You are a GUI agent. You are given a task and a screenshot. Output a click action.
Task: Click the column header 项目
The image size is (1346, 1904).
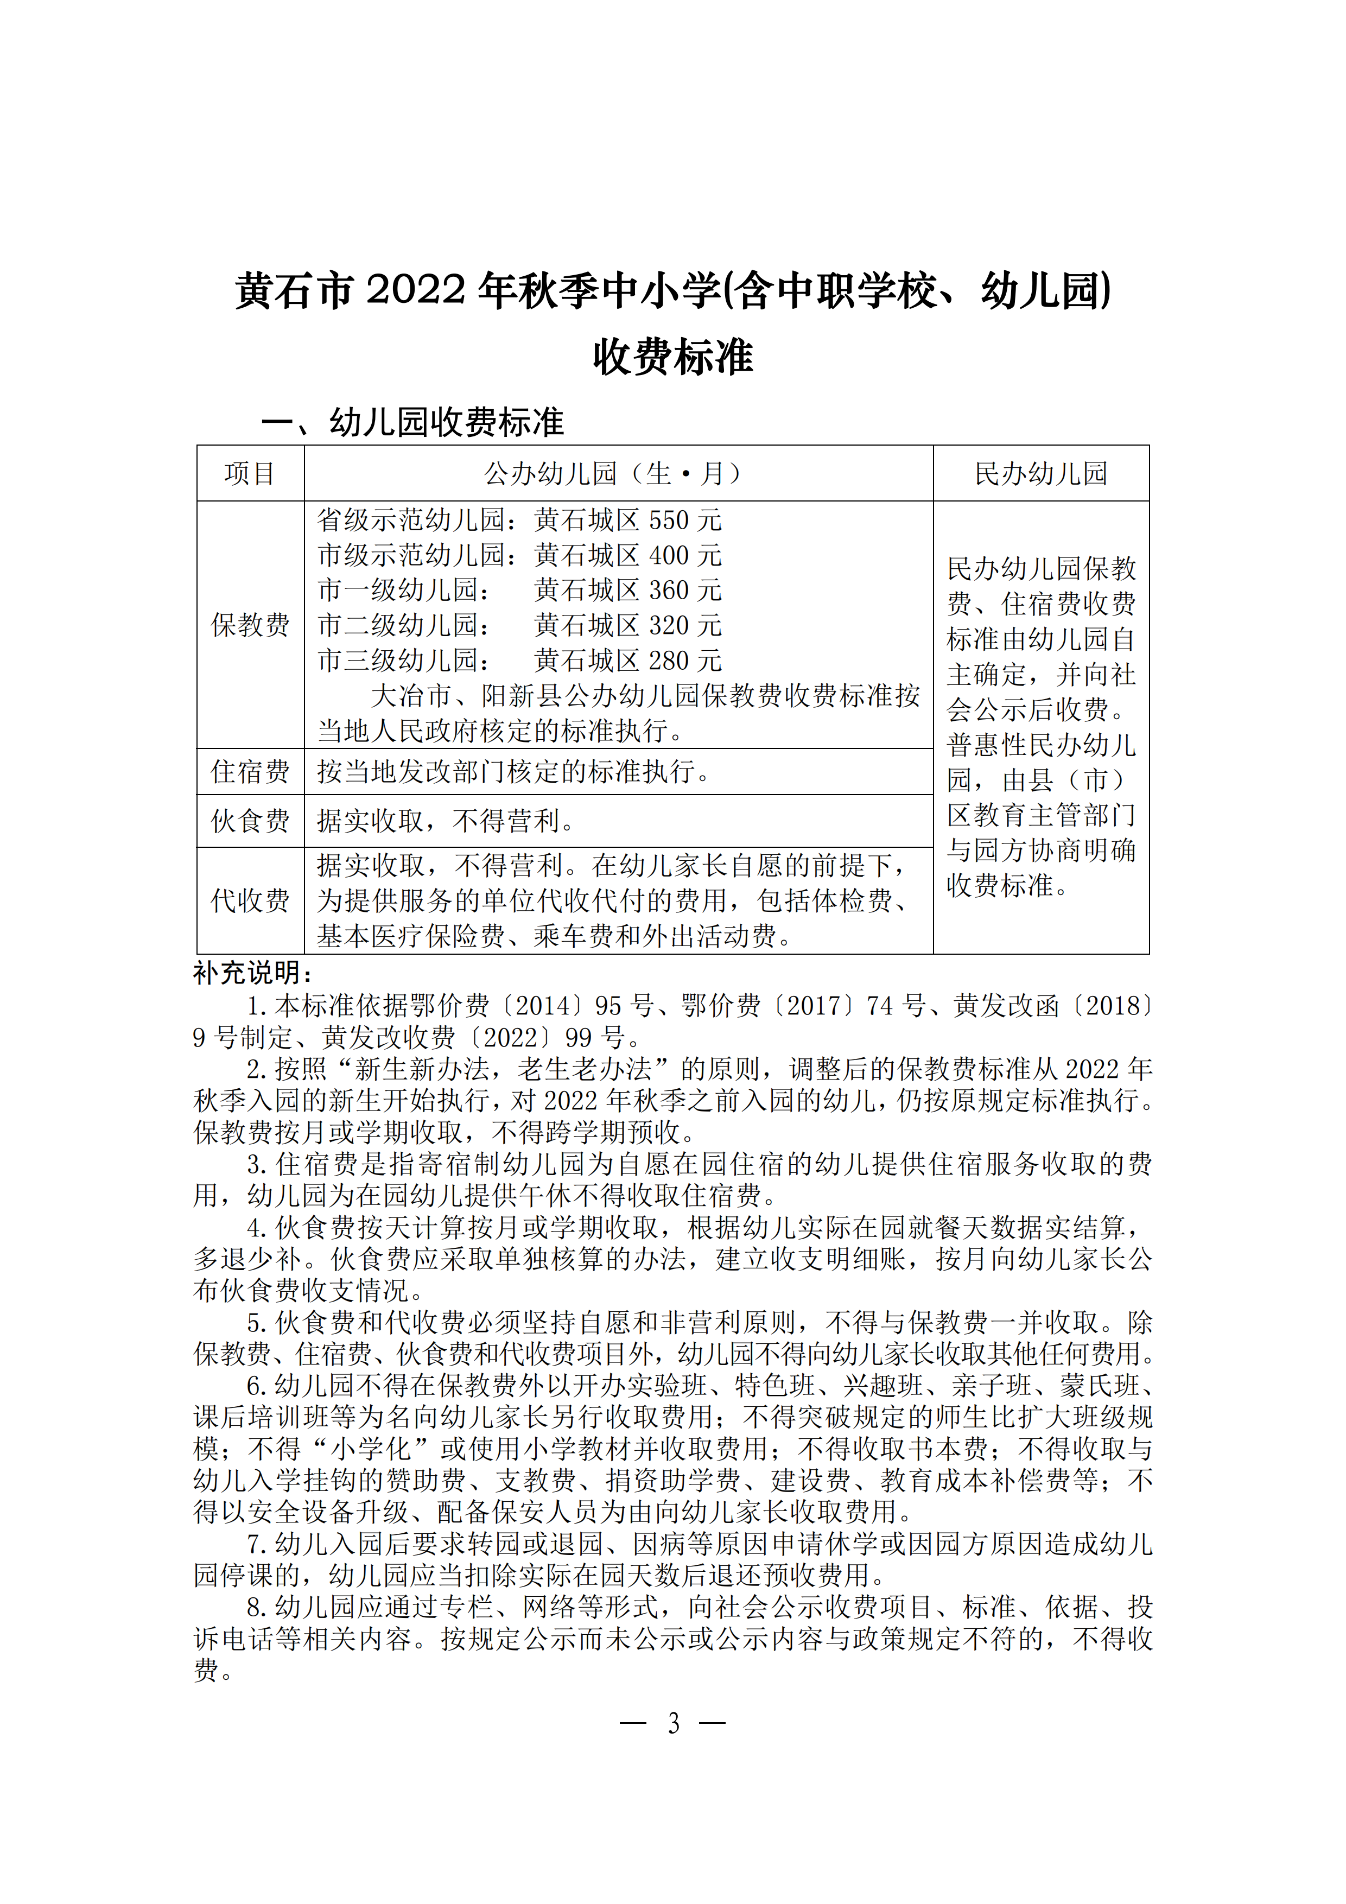[x=250, y=473]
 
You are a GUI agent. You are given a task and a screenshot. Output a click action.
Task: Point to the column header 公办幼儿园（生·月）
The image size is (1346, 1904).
[x=618, y=473]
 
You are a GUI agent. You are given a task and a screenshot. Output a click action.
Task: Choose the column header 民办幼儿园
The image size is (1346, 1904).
[x=1041, y=473]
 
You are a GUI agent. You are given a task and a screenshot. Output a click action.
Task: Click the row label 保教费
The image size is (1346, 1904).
[x=250, y=624]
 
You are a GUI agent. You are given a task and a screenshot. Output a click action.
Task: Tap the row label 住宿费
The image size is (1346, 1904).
[x=250, y=771]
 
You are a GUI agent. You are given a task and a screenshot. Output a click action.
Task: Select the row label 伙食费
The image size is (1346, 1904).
[x=250, y=821]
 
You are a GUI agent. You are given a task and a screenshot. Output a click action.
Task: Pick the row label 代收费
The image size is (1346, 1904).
[x=250, y=900]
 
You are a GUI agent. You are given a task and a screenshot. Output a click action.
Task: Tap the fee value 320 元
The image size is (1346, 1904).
[x=685, y=625]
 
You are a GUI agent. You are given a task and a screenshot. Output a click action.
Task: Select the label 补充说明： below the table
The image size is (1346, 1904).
[x=253, y=973]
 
